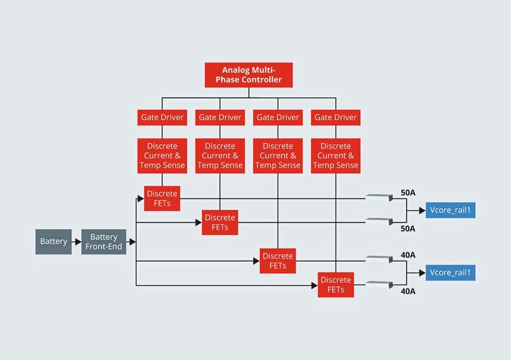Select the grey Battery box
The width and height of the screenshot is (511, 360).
click(x=53, y=242)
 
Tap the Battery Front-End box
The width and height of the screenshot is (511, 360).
click(x=103, y=242)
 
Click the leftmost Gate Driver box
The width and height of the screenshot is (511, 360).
click(x=162, y=117)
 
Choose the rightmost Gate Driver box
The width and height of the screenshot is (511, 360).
click(x=335, y=117)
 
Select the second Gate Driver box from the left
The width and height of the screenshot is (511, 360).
click(x=220, y=117)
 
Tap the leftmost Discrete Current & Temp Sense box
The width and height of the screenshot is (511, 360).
click(x=162, y=155)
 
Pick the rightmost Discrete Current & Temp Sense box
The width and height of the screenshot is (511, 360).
click(x=335, y=155)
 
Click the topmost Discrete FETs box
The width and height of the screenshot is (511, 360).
click(x=162, y=199)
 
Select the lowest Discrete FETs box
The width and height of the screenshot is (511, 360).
click(x=335, y=284)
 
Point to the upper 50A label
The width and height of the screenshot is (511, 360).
click(x=408, y=192)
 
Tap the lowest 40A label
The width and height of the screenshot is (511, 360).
click(x=408, y=291)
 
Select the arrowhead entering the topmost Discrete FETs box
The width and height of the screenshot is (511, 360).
click(x=141, y=199)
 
